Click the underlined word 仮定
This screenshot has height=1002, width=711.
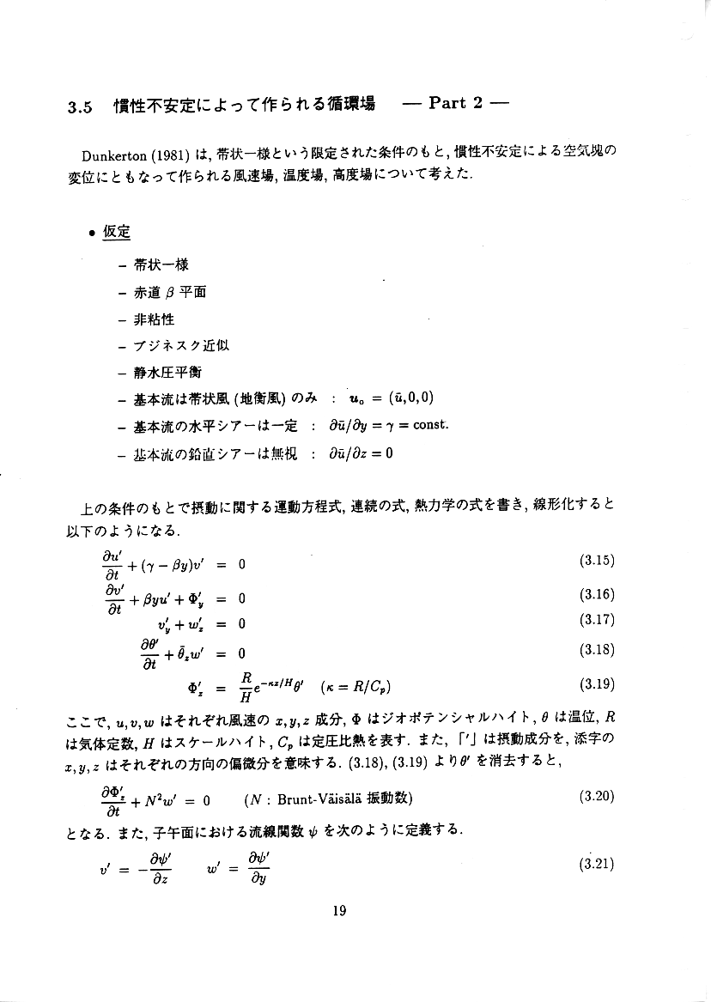pos(116,233)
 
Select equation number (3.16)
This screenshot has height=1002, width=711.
pos(598,595)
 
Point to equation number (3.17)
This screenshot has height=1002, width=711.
pos(598,620)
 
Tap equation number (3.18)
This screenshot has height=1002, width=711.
pos(598,650)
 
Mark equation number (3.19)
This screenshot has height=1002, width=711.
pos(598,685)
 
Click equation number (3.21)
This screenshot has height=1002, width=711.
pos(598,865)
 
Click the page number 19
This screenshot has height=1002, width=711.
pos(338,912)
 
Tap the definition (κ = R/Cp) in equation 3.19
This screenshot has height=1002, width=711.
pos(359,687)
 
